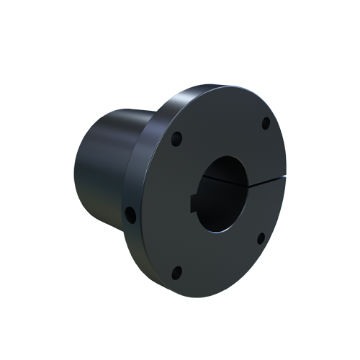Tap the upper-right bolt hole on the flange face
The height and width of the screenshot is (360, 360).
(x=266, y=122)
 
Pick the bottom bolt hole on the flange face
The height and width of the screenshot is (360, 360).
(x=177, y=271)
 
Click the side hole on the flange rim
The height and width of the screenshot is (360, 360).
(x=131, y=214)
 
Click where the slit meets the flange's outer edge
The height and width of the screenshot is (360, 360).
(x=286, y=181)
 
